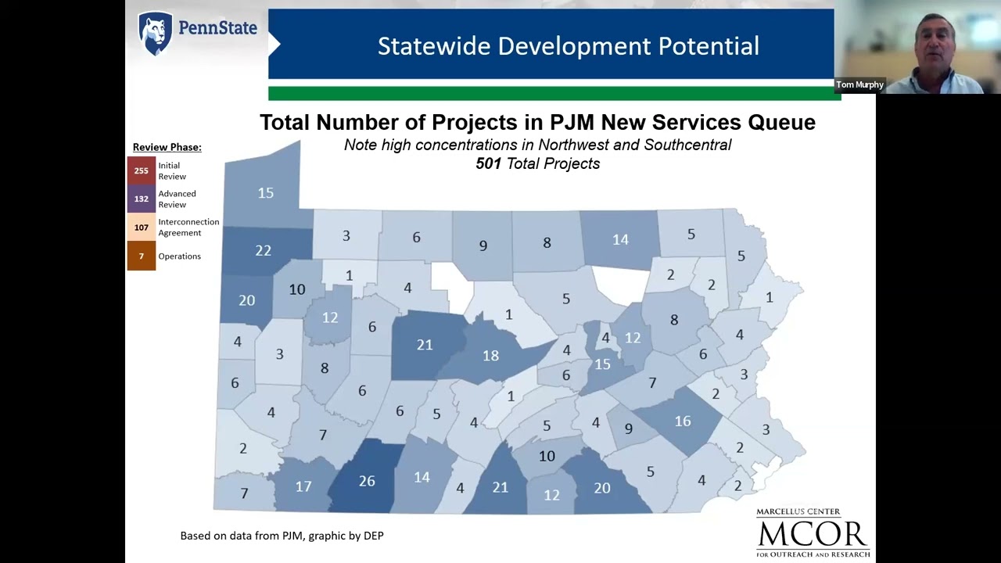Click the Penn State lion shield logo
155,33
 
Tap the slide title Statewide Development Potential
568,46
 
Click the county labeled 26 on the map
366,481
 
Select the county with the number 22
263,250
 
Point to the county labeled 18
490,356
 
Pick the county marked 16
682,421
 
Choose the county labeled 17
303,486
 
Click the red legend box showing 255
141,170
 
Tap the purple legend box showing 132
141,199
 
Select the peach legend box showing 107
141,228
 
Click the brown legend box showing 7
141,256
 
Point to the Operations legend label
179,256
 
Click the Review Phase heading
167,147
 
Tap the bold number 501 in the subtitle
488,163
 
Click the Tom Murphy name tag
859,84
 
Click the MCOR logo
813,533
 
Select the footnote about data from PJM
282,536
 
